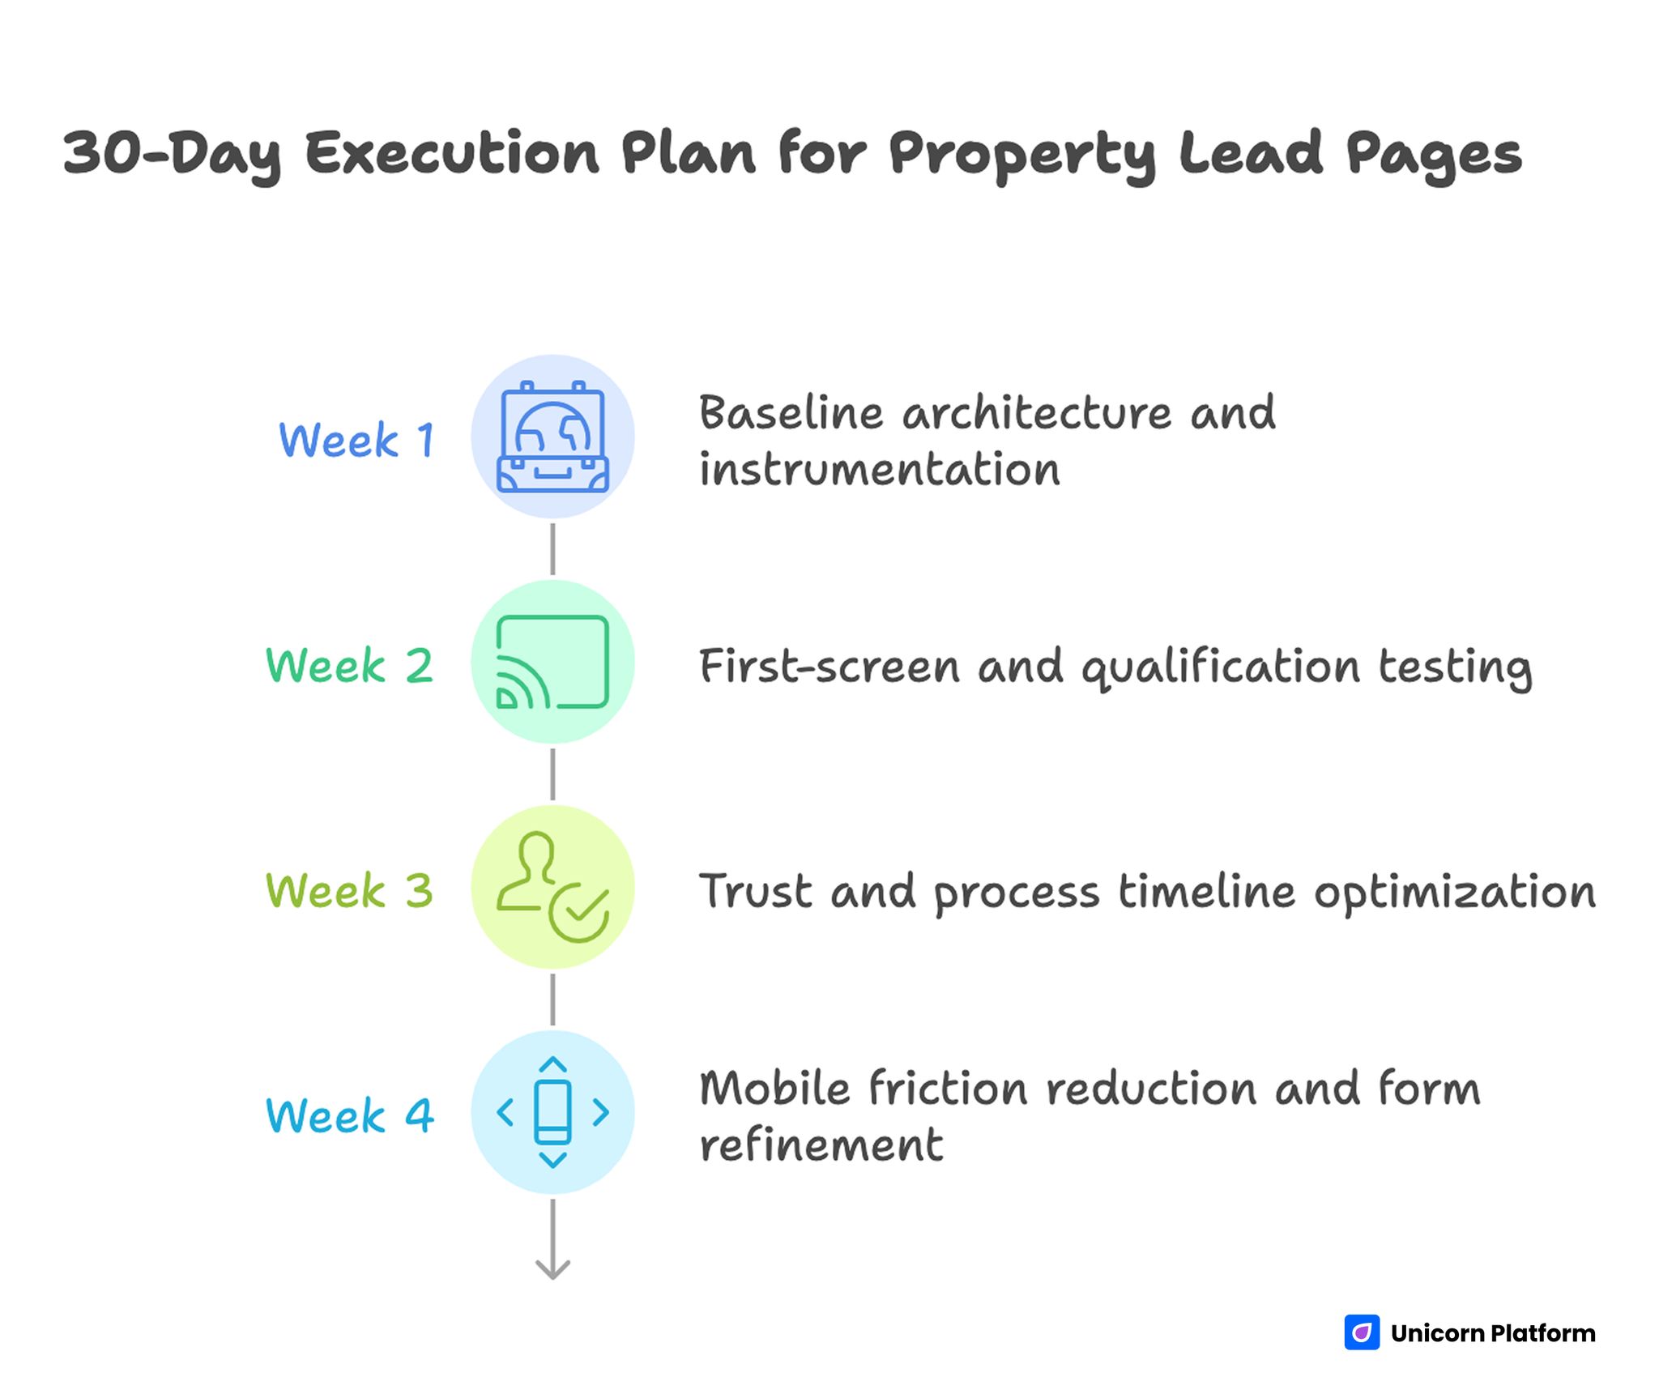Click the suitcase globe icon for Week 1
click(552, 437)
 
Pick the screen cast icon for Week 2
click(552, 662)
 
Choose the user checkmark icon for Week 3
click(552, 887)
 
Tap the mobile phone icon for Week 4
click(552, 1112)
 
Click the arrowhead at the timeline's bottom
click(552, 1269)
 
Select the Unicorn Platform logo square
click(1362, 1332)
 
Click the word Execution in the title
click(452, 153)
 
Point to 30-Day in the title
click(172, 155)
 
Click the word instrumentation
click(880, 470)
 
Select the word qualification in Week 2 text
click(1220, 667)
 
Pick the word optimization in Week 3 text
click(1455, 893)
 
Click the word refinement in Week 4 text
click(821, 1145)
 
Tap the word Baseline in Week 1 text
click(791, 412)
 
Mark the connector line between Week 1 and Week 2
click(552, 549)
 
